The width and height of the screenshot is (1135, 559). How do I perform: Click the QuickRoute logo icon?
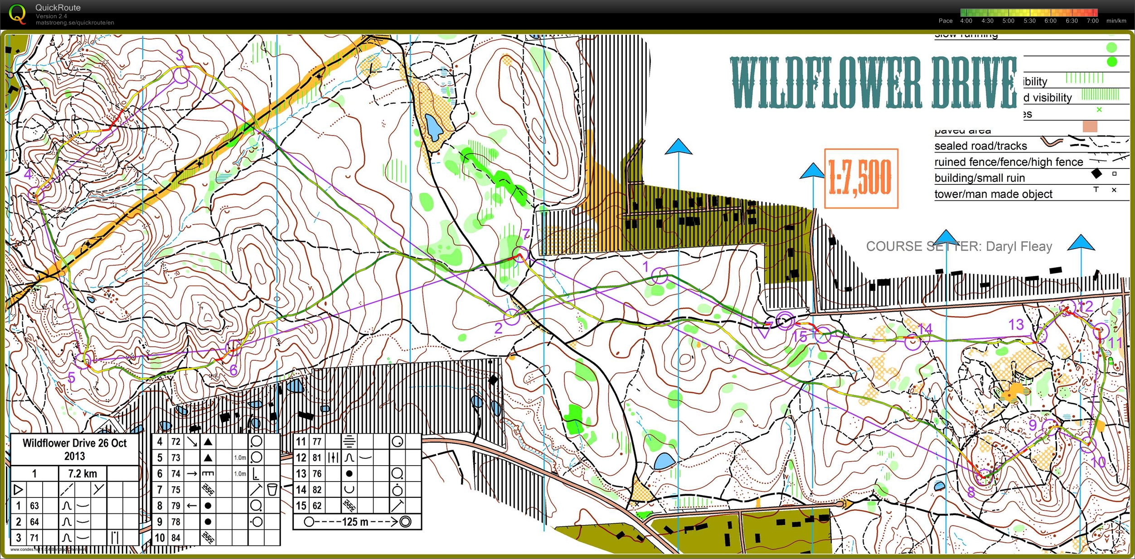tap(17, 14)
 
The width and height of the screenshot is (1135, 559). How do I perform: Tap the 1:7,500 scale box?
tap(861, 178)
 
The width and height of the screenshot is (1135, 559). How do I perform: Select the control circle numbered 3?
tap(181, 75)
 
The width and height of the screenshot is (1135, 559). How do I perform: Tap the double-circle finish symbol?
tap(786, 321)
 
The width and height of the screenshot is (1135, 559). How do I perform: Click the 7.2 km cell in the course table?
tap(82, 474)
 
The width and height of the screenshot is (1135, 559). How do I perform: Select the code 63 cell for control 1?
tap(34, 506)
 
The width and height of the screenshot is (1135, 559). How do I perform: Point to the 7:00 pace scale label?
tap(1092, 21)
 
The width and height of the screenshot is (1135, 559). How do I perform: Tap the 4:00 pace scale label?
tap(966, 21)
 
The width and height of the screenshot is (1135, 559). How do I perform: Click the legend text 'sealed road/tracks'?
tap(980, 146)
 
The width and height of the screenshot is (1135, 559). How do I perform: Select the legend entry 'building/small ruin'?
tap(979, 178)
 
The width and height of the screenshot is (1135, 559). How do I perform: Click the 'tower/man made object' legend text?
tap(993, 194)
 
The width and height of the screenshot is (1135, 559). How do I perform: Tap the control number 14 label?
tap(925, 328)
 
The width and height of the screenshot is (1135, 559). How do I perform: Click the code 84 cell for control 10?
tap(176, 538)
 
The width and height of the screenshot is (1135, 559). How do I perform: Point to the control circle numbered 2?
tap(511, 317)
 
